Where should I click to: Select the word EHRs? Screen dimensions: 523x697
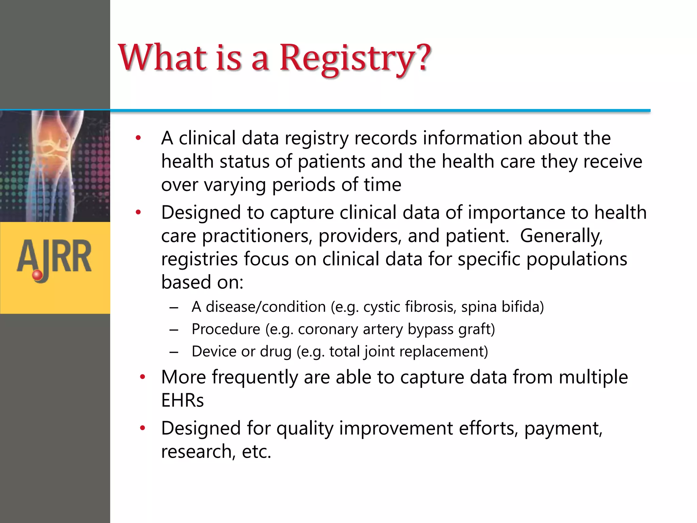(182, 400)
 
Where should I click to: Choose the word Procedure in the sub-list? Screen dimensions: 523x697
(226, 329)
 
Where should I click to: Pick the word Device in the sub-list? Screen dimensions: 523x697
(213, 351)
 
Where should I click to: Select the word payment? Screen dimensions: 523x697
(563, 428)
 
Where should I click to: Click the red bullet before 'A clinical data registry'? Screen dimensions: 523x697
(138, 138)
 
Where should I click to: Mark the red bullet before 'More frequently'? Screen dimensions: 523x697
(143, 377)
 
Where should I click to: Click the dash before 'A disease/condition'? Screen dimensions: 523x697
(174, 307)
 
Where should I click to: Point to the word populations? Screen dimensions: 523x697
(577, 259)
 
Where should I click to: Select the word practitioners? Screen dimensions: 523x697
(257, 236)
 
